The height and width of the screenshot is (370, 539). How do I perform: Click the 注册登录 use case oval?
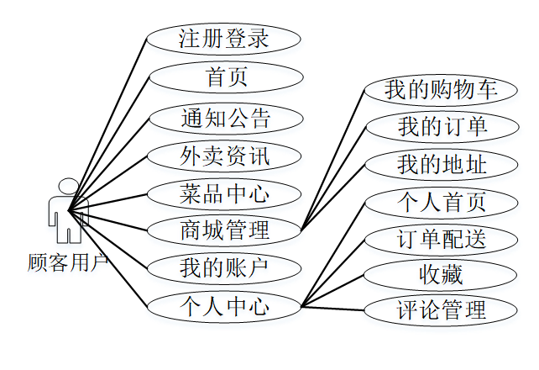(x=223, y=39)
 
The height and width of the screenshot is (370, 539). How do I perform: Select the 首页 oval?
(x=225, y=77)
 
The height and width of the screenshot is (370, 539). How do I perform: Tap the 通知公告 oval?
(x=225, y=118)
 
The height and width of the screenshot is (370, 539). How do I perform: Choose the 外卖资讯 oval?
(x=223, y=156)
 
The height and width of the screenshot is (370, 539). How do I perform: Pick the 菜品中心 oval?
(x=223, y=193)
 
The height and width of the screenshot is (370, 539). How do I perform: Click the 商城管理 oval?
(x=223, y=229)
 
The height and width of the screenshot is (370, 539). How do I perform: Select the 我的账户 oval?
(x=223, y=268)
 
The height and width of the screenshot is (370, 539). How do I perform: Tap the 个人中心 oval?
(x=223, y=307)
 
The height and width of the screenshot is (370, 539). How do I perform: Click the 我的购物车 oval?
(x=441, y=89)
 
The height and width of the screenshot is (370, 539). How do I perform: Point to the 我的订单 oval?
(x=442, y=127)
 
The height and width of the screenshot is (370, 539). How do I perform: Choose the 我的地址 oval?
(x=442, y=165)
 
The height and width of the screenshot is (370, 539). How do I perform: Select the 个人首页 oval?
(x=442, y=202)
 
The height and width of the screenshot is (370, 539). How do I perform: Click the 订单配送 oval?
(x=442, y=239)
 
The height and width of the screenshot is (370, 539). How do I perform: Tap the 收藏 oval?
(x=442, y=274)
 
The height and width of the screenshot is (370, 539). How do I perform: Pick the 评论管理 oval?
(x=442, y=309)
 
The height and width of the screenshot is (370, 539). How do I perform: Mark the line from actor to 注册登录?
(x=109, y=122)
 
